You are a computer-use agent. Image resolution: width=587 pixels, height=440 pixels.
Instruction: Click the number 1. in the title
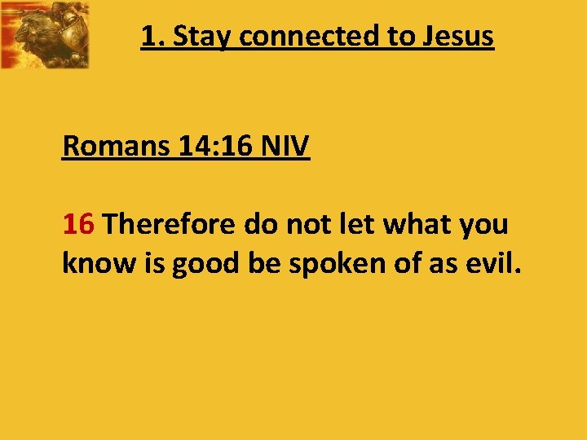[151, 37]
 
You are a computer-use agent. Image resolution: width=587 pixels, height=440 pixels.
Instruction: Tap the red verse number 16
[80, 224]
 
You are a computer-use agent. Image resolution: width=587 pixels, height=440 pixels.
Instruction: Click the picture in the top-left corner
[45, 34]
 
